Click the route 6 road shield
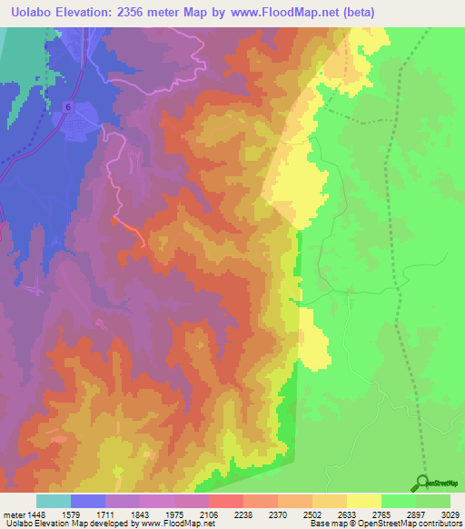[68, 107]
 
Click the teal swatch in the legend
[54, 501]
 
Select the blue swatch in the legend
[88, 501]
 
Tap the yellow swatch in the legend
[364, 501]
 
